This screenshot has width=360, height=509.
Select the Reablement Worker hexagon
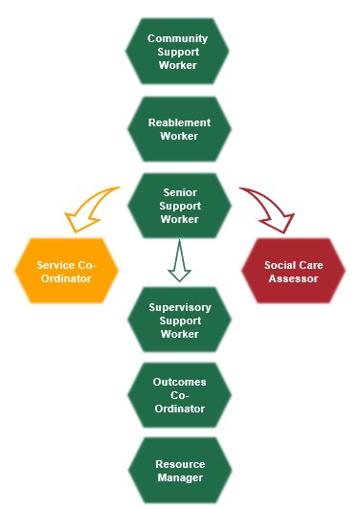[179, 129]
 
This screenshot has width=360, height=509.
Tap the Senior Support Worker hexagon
[179, 206]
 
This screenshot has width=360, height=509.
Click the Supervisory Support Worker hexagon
[179, 321]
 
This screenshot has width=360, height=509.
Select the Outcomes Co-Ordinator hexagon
[179, 395]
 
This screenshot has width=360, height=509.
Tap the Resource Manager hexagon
[179, 470]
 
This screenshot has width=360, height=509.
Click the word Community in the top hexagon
[178, 38]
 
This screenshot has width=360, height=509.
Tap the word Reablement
[179, 122]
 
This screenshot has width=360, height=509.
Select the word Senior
[179, 192]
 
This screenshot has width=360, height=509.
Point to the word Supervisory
[179, 307]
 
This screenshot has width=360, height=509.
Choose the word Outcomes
[179, 382]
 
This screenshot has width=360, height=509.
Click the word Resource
[179, 464]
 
